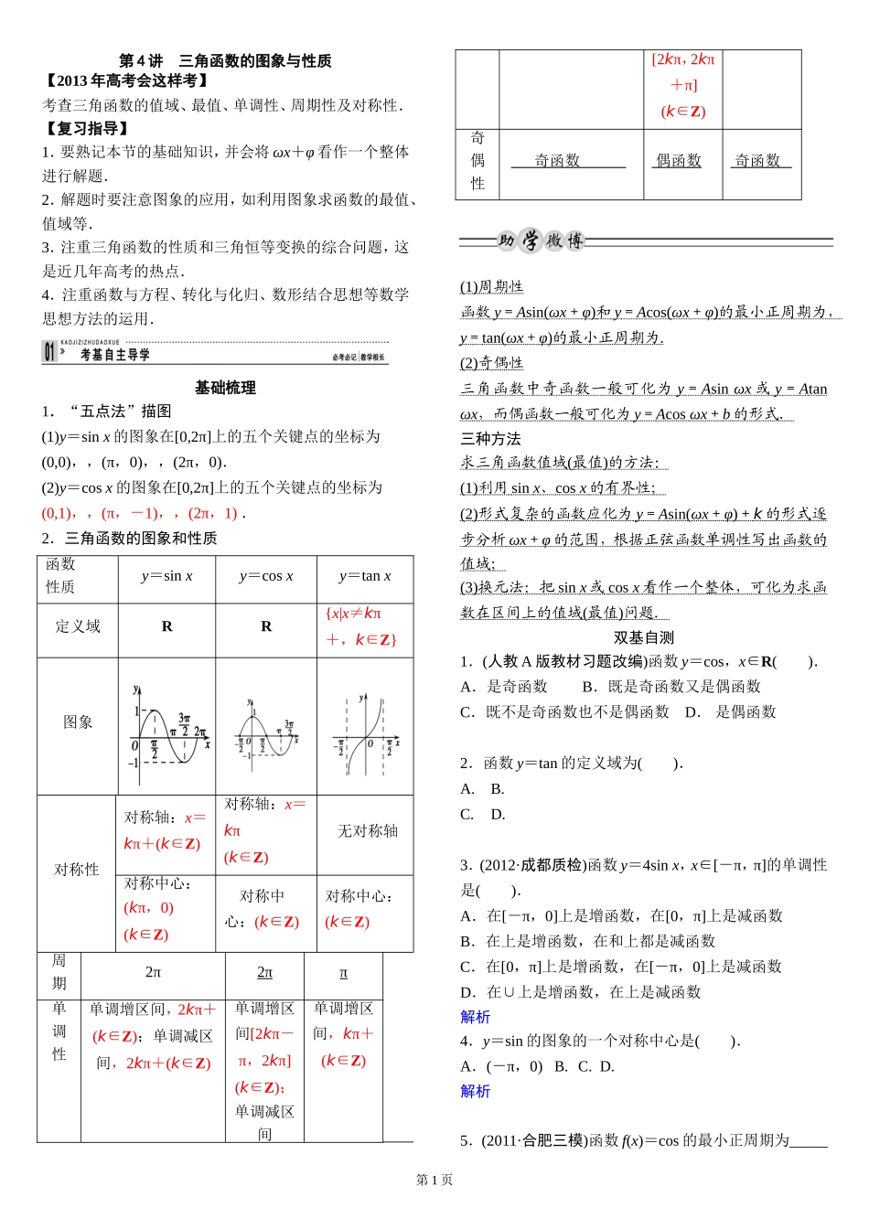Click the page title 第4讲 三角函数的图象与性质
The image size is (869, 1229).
[x=225, y=61]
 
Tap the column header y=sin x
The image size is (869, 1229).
[x=166, y=576]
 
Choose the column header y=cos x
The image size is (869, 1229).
[x=266, y=576]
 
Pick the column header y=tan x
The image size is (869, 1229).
[x=364, y=576]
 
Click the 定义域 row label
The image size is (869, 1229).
[x=78, y=626]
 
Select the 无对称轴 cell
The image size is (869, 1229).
[x=367, y=830]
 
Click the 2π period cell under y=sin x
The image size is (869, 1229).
[x=153, y=972]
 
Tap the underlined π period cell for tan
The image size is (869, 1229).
[x=343, y=972]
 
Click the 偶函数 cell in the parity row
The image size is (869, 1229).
[x=678, y=161]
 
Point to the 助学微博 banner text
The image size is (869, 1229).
[x=540, y=240]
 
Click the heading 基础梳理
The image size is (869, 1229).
[x=225, y=388]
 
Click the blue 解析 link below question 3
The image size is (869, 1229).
[x=475, y=1017]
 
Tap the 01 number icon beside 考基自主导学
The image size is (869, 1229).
[x=49, y=351]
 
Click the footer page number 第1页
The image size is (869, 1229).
[x=434, y=1180]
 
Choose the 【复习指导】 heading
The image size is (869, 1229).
[x=87, y=129]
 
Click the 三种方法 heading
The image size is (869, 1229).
[x=490, y=439]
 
